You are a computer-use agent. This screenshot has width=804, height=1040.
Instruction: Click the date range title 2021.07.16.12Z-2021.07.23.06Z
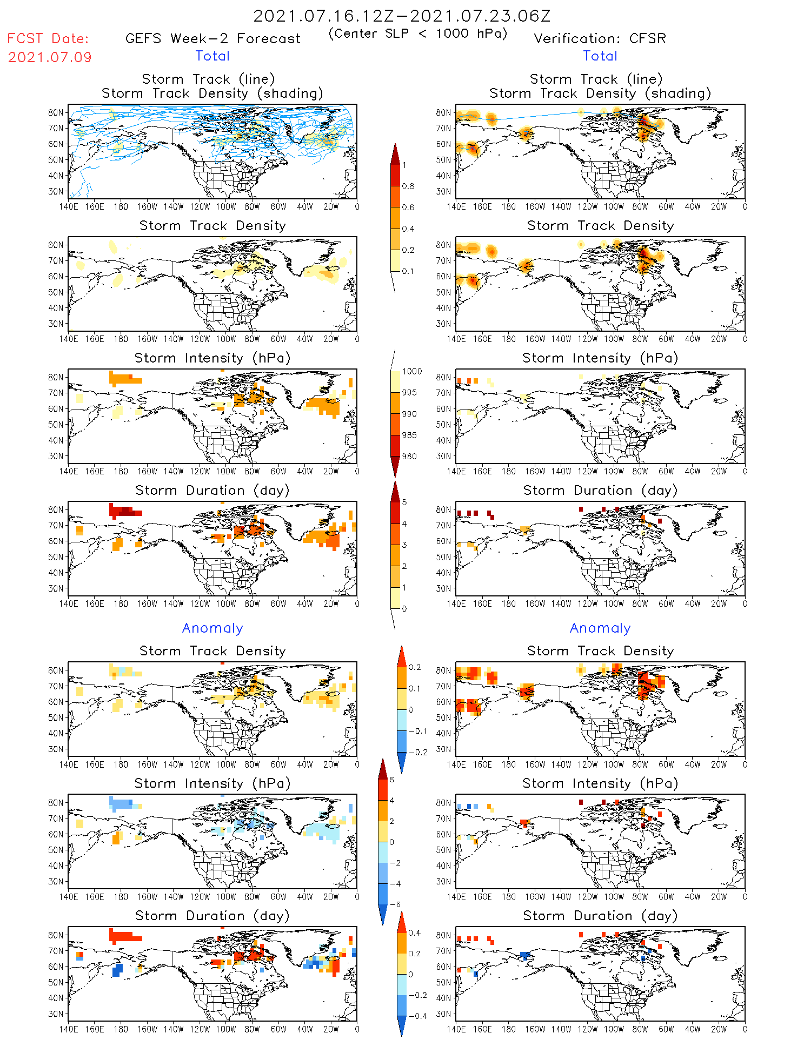click(402, 16)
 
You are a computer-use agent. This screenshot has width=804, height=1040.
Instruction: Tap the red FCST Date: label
click(48, 38)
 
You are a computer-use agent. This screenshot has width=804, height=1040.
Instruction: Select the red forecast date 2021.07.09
click(50, 57)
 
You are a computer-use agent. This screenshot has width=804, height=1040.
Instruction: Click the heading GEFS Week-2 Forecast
click(212, 38)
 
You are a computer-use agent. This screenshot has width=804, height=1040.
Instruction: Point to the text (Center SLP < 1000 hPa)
click(418, 33)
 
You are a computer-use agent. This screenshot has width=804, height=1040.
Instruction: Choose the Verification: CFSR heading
click(600, 38)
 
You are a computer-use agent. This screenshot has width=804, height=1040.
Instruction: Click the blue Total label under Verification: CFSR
click(600, 56)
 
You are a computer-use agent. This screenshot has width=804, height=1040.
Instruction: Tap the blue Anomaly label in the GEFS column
click(212, 628)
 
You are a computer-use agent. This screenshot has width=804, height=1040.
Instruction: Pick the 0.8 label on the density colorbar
click(408, 186)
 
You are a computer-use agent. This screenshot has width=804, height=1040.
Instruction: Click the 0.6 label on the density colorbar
click(408, 207)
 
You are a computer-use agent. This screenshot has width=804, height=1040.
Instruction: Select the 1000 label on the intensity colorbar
click(412, 372)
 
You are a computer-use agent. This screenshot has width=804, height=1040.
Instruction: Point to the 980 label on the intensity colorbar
click(409, 457)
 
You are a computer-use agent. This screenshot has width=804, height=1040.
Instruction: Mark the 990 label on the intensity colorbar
click(409, 414)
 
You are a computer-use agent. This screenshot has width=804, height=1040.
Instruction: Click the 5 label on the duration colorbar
click(404, 502)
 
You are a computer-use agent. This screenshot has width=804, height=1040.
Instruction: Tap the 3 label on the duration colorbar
click(404, 545)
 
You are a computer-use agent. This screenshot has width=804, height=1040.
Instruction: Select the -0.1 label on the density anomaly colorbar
click(417, 731)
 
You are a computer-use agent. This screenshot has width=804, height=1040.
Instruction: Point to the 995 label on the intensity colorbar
click(409, 393)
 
